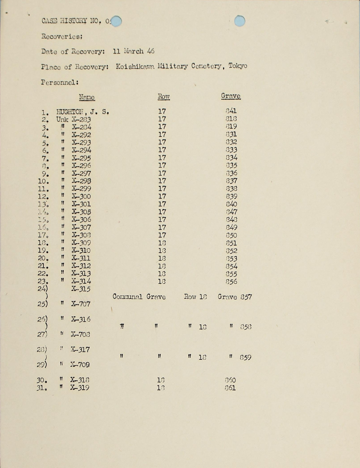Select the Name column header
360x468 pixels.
tap(87, 97)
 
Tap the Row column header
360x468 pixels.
tap(164, 96)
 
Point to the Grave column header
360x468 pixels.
tap(231, 96)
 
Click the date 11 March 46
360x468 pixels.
tap(134, 51)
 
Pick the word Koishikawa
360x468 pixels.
tap(135, 66)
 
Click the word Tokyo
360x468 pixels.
tap(238, 66)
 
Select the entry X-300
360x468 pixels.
tap(81, 196)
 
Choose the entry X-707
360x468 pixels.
tap(81, 304)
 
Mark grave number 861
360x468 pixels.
tap(230, 388)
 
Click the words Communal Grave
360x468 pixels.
tap(139, 297)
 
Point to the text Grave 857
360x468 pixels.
tap(235, 297)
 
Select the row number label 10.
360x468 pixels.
tap(43, 181)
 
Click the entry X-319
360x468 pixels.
tap(80, 388)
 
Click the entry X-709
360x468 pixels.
tap(80, 365)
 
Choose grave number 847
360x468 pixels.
tap(231, 212)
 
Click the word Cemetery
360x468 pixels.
tap(206, 66)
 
